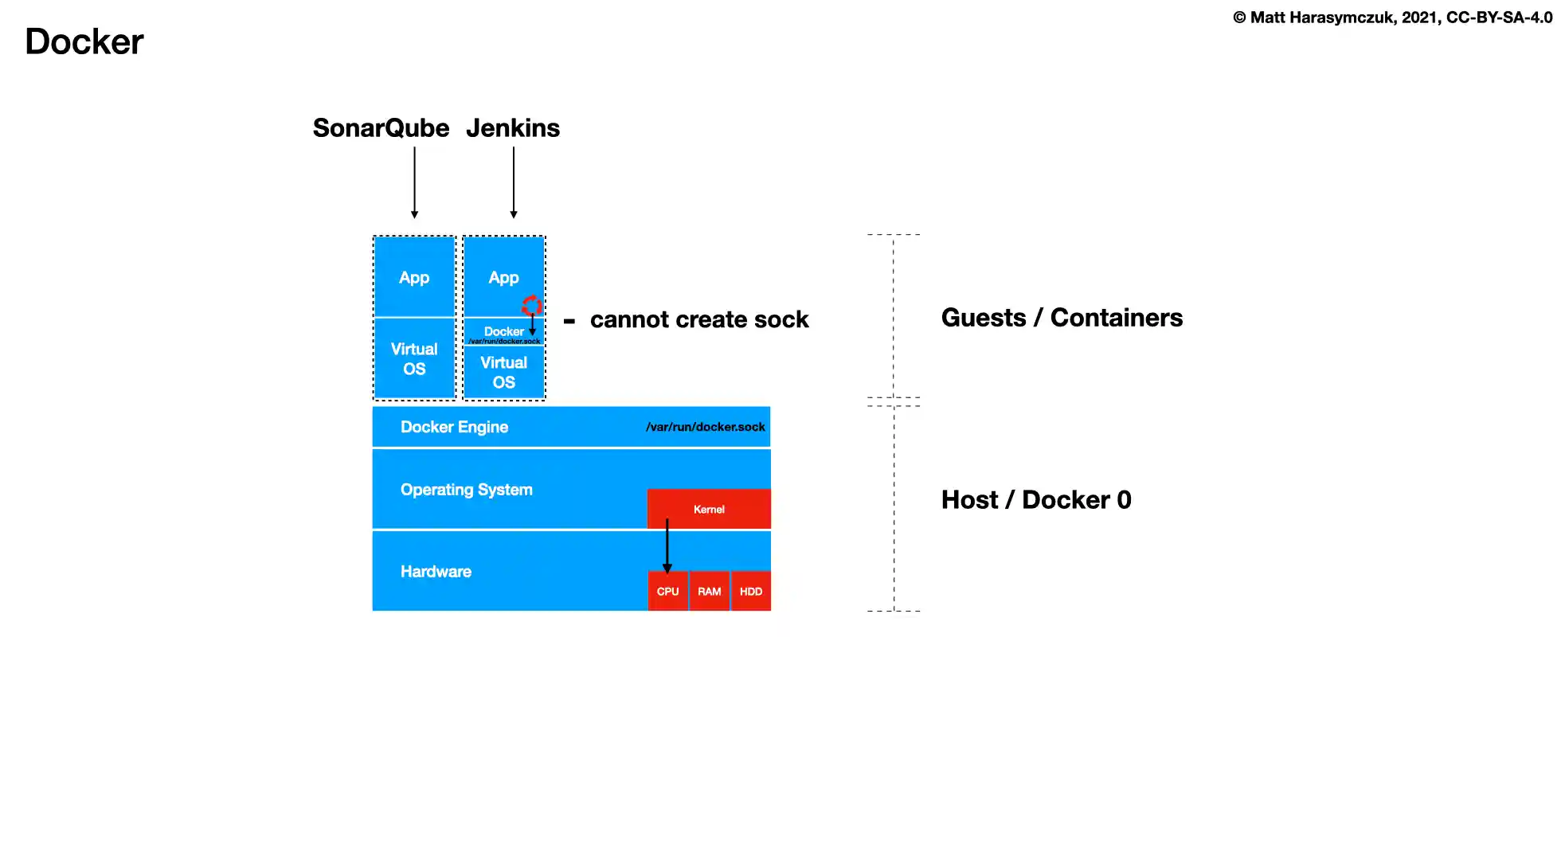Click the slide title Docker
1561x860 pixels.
click(84, 41)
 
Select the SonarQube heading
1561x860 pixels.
click(381, 128)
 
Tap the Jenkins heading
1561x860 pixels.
click(513, 128)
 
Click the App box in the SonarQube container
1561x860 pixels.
click(414, 277)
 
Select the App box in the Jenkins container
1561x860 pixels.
click(503, 277)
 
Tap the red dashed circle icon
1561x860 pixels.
click(531, 305)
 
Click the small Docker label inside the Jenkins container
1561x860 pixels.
click(503, 331)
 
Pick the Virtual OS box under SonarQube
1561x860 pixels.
click(414, 359)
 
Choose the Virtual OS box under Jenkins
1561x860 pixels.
click(503, 372)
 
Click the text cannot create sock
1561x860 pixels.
click(698, 319)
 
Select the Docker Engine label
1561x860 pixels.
click(454, 427)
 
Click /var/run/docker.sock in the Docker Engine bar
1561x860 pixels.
click(705, 427)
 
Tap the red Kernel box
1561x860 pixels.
click(709, 509)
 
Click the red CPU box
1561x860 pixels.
click(667, 592)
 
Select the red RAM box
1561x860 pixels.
click(709, 592)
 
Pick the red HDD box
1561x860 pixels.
click(751, 592)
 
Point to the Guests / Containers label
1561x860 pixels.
click(1062, 318)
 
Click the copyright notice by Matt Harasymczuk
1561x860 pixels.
click(1392, 18)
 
